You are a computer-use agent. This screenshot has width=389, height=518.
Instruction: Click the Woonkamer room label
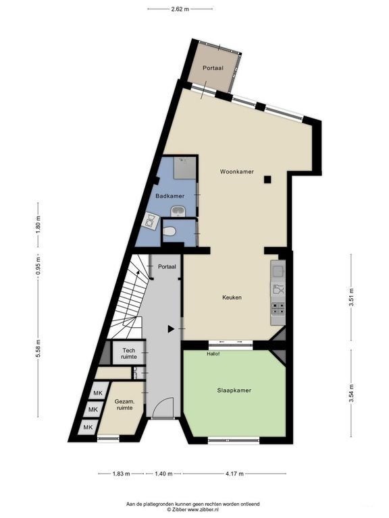pyautogui.click(x=237, y=172)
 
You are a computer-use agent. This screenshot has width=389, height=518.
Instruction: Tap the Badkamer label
pyautogui.click(x=170, y=196)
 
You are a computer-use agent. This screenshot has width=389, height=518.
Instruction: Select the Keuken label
pyautogui.click(x=232, y=297)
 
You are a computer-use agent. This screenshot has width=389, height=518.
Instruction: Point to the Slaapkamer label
pyautogui.click(x=234, y=391)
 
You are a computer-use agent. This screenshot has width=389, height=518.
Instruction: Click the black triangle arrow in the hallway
pyautogui.click(x=171, y=328)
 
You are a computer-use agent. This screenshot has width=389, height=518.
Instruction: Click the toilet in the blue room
pyautogui.click(x=169, y=231)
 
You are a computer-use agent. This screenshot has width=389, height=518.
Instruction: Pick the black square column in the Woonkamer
pyautogui.click(x=267, y=179)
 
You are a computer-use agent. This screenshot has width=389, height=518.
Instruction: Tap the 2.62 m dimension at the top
pyautogui.click(x=180, y=9)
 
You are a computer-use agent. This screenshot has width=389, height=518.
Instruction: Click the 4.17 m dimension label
pyautogui.click(x=234, y=473)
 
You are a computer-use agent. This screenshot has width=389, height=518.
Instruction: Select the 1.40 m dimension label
pyautogui.click(x=163, y=473)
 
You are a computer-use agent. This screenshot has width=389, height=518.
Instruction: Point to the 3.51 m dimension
pyautogui.click(x=351, y=297)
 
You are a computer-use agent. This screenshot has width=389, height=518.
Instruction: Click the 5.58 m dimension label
pyautogui.click(x=38, y=349)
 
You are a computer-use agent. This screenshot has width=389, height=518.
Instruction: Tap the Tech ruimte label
pyautogui.click(x=129, y=353)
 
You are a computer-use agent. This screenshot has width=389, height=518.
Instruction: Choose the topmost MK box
pyautogui.click(x=98, y=393)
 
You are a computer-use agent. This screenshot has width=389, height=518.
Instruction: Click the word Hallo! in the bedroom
pyautogui.click(x=213, y=353)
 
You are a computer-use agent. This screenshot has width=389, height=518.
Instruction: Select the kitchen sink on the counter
pyautogui.click(x=278, y=271)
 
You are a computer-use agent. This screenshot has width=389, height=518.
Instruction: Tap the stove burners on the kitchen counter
pyautogui.click(x=278, y=308)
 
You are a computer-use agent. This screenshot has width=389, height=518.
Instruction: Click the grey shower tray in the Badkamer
pyautogui.click(x=185, y=168)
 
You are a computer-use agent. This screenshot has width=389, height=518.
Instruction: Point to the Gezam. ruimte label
pyautogui.click(x=124, y=405)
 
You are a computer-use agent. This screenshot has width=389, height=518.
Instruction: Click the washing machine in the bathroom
pyautogui.click(x=151, y=221)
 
